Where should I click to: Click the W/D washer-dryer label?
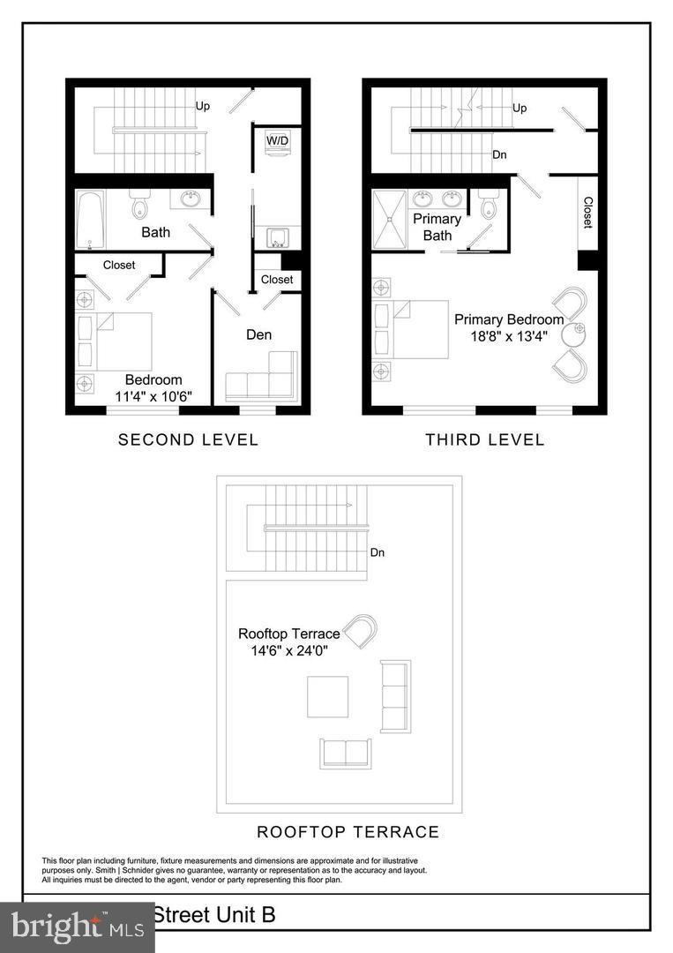(x=277, y=140)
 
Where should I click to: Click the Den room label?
(x=259, y=334)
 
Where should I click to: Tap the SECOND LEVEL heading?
(x=188, y=439)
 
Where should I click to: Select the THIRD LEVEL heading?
(x=485, y=439)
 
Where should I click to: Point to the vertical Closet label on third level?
(x=587, y=213)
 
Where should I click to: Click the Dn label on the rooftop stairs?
(x=378, y=553)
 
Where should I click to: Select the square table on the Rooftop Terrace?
(x=327, y=696)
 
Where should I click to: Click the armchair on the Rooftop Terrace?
(x=360, y=631)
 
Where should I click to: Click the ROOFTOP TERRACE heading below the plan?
(x=348, y=832)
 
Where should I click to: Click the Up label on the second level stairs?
(x=203, y=105)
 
